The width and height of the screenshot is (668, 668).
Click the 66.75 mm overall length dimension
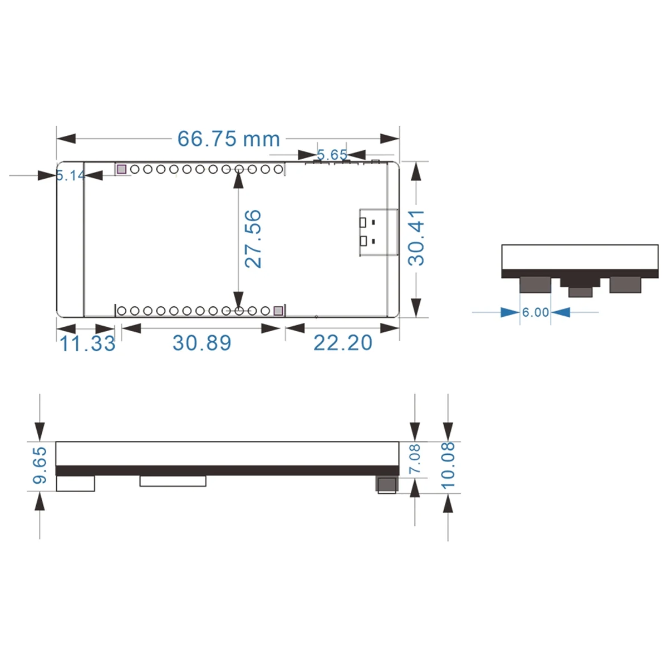coord(228,139)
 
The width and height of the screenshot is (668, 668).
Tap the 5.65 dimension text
coord(332,154)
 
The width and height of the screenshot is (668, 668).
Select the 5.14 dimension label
coord(70,176)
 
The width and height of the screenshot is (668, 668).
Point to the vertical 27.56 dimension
coord(253,238)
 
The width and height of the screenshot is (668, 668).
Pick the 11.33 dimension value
coord(87,343)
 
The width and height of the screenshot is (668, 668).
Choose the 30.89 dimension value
coord(202,343)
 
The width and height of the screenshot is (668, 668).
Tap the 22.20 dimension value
coord(342,343)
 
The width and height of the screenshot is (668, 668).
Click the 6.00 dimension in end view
coord(536,313)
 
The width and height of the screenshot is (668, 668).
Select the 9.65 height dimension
coord(40,465)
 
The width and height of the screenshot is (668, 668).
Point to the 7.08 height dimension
coord(415,459)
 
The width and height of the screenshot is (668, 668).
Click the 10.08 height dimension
coord(448,465)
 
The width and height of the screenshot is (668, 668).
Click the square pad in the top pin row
coord(121,169)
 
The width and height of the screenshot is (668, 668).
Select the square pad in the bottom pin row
coord(278,311)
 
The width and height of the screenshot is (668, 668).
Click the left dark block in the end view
coord(535,285)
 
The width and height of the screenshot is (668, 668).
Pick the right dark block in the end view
coord(625,285)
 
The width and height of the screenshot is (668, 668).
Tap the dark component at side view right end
coord(387,484)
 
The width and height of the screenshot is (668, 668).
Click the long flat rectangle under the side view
coord(173,481)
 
